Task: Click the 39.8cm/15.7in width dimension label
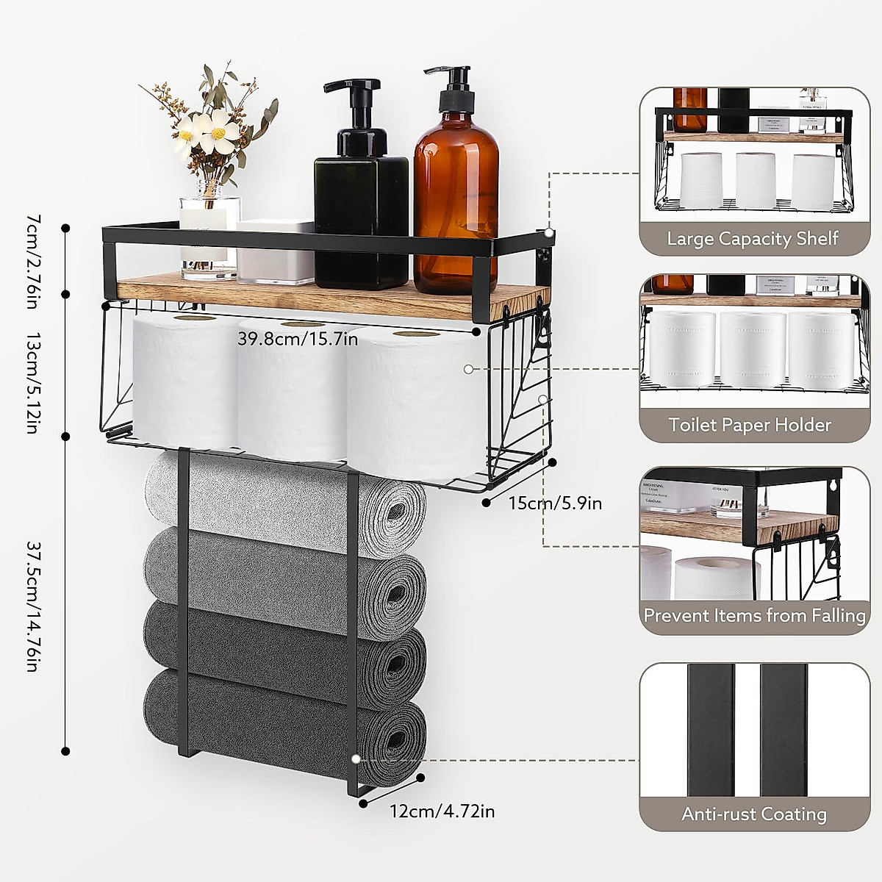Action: click(298, 339)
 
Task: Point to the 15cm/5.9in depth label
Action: click(555, 503)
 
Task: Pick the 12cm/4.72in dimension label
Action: click(442, 811)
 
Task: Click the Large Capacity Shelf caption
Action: click(753, 239)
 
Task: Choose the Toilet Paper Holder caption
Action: click(750, 425)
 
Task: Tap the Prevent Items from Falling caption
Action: click(754, 614)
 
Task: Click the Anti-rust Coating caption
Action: click(753, 814)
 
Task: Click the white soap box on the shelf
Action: click(275, 251)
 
